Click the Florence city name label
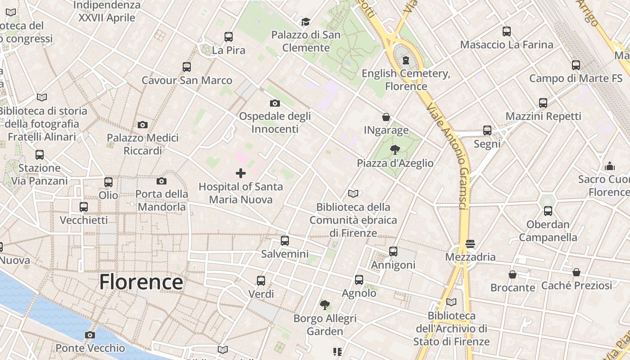[141, 282]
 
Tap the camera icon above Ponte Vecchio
[90, 335]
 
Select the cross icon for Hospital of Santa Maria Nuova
[241, 173]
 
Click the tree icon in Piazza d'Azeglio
[395, 149]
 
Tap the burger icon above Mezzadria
[470, 243]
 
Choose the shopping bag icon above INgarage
[386, 117]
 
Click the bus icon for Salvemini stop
[284, 241]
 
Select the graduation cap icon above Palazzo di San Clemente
[306, 22]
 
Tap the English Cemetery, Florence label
[406, 80]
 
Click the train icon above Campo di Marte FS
[576, 65]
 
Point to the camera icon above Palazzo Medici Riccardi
[143, 125]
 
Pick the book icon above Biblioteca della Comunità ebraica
[353, 193]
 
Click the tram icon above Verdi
[261, 281]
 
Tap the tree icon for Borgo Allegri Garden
[324, 305]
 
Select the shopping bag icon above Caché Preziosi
[576, 272]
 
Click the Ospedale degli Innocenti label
[274, 122]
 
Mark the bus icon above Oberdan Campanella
[548, 211]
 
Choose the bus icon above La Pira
[229, 37]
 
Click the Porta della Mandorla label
[162, 200]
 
